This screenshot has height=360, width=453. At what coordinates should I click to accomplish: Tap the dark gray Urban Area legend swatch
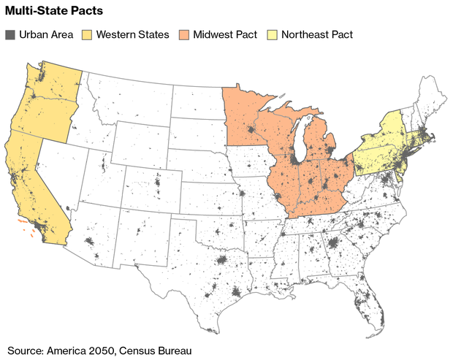pos(10,34)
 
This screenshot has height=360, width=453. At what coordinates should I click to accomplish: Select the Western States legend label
pos(132,34)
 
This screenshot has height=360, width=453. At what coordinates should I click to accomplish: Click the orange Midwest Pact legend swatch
pos(183,34)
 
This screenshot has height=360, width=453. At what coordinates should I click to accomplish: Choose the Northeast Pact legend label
pos(316,34)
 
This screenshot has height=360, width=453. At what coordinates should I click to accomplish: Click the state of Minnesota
pos(247,120)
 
